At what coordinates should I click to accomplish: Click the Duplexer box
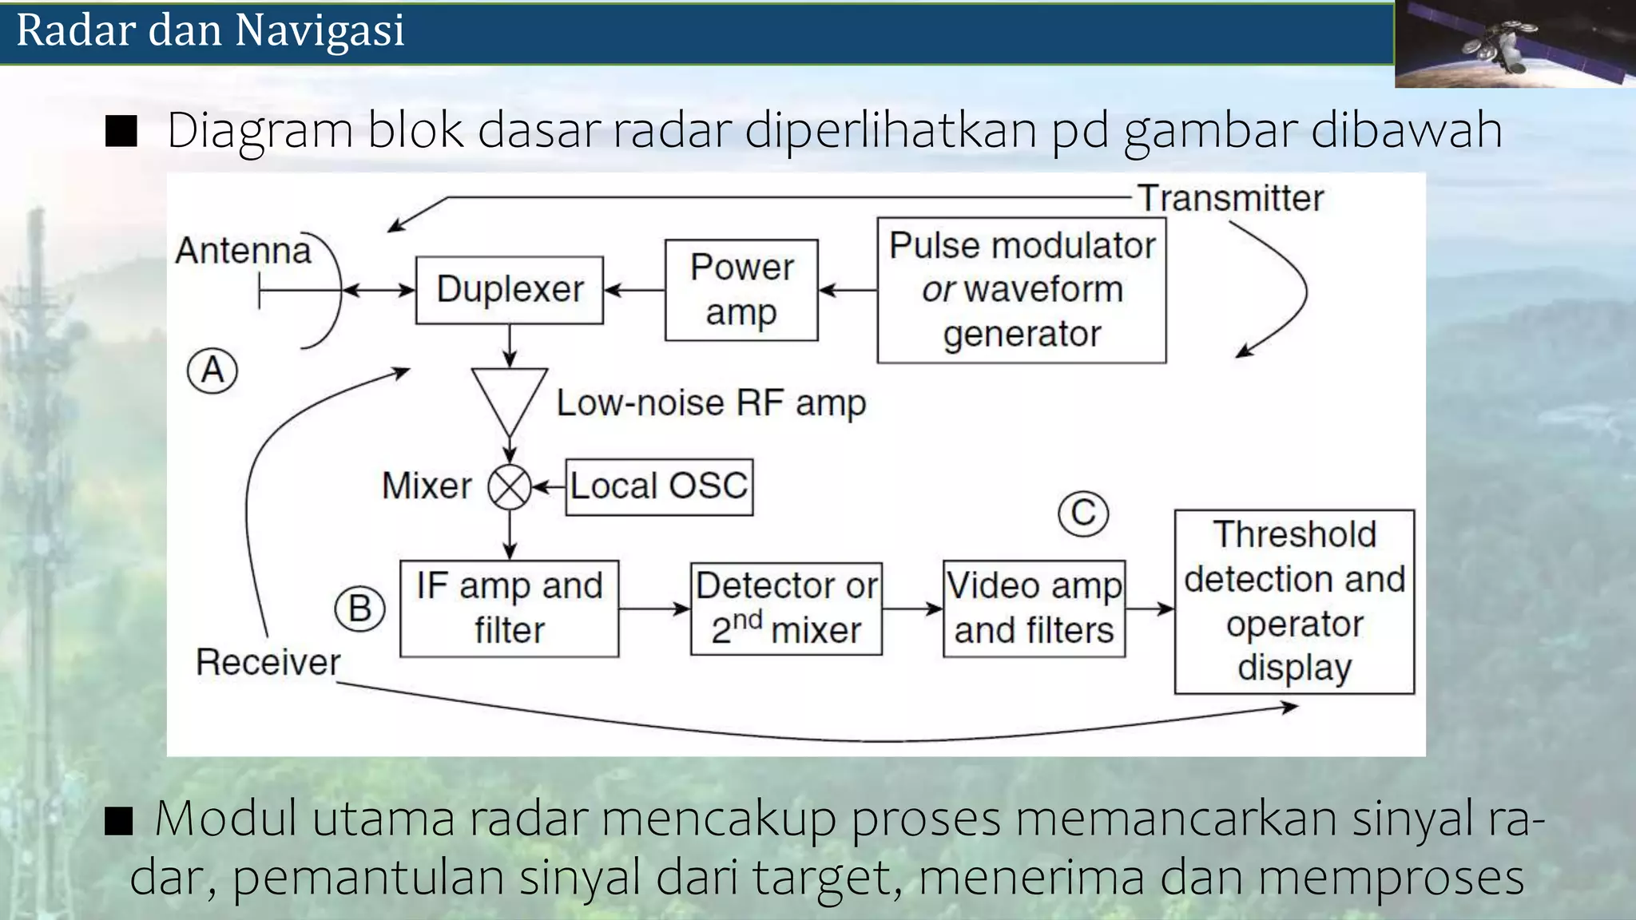coord(510,290)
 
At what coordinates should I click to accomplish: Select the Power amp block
coord(741,290)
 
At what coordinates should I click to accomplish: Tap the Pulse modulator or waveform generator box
coord(1021,290)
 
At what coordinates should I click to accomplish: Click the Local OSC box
coord(659,486)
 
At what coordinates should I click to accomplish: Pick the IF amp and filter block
coord(509,609)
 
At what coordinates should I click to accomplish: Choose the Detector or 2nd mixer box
coord(786,609)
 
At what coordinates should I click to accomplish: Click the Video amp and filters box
coord(1034,609)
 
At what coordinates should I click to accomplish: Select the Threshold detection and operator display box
coord(1294,601)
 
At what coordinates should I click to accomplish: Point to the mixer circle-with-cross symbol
coord(510,487)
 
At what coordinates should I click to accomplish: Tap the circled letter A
coord(212,371)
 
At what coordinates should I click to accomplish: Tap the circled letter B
coord(359,609)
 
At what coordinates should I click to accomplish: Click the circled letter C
coord(1083,513)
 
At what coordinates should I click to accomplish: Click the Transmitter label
coord(1230,198)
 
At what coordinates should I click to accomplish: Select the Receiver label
coord(268,662)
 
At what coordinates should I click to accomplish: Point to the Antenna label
coord(244,251)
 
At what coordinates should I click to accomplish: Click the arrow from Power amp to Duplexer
coord(634,290)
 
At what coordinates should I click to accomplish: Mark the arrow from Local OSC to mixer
coord(549,487)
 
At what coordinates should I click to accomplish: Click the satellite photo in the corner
coord(1514,43)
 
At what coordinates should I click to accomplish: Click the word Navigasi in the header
coord(320,30)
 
